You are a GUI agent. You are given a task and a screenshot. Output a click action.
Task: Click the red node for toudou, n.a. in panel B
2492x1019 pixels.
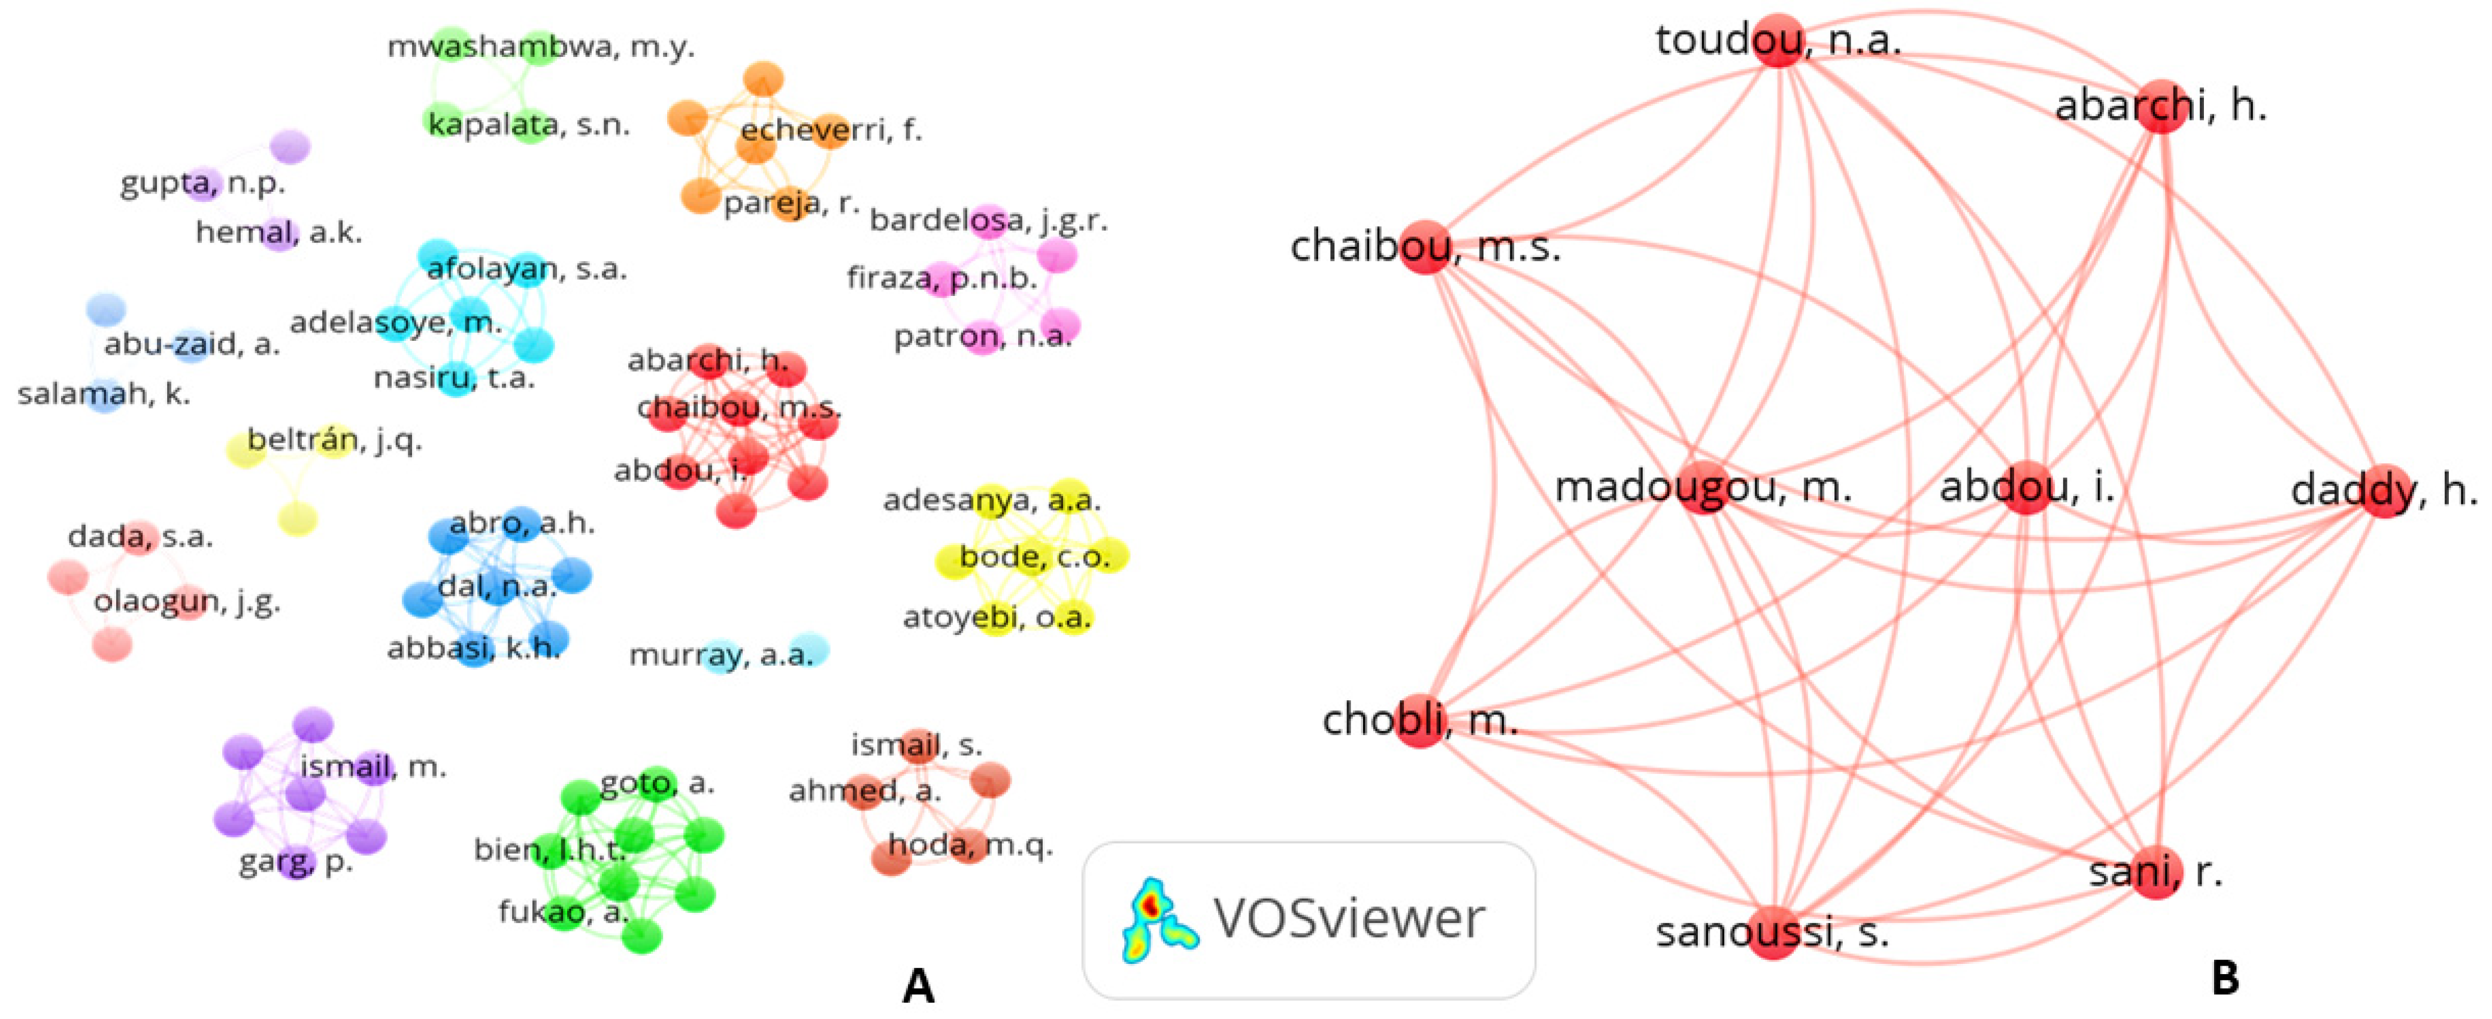[x=1779, y=41]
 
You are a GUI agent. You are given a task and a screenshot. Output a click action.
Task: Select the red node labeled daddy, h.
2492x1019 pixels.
[x=2385, y=491]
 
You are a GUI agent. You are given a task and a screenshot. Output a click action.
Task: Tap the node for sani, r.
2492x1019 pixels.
[x=2156, y=872]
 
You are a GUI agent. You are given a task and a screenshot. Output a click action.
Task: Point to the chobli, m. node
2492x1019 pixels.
[x=1419, y=721]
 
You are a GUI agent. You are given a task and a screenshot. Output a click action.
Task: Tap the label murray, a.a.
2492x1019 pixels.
[x=720, y=655]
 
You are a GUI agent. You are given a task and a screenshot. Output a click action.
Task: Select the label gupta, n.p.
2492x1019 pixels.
[x=202, y=183]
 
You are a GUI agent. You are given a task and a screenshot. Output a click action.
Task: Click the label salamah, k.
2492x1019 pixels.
[x=104, y=394]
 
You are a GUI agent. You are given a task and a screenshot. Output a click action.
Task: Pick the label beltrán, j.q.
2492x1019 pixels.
[x=334, y=440]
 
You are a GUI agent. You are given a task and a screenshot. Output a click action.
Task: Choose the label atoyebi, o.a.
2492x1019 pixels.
[x=997, y=618]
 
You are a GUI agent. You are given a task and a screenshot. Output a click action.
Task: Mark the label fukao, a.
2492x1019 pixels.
[x=563, y=912]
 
